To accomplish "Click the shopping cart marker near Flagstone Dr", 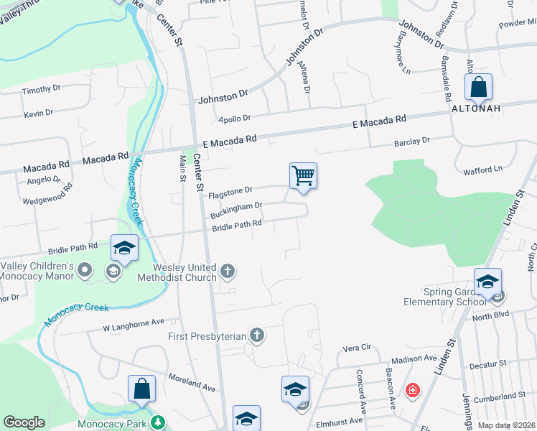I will (x=303, y=175).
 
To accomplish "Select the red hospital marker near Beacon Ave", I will (x=413, y=391).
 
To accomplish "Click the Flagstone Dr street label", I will (x=230, y=193).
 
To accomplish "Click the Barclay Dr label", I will (x=411, y=141).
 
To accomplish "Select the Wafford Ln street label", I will (x=482, y=170).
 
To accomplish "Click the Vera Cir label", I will (x=356, y=347).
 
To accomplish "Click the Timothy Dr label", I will (x=41, y=90).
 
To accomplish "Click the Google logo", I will (x=24, y=422).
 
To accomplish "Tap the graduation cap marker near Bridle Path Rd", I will (x=124, y=249).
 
